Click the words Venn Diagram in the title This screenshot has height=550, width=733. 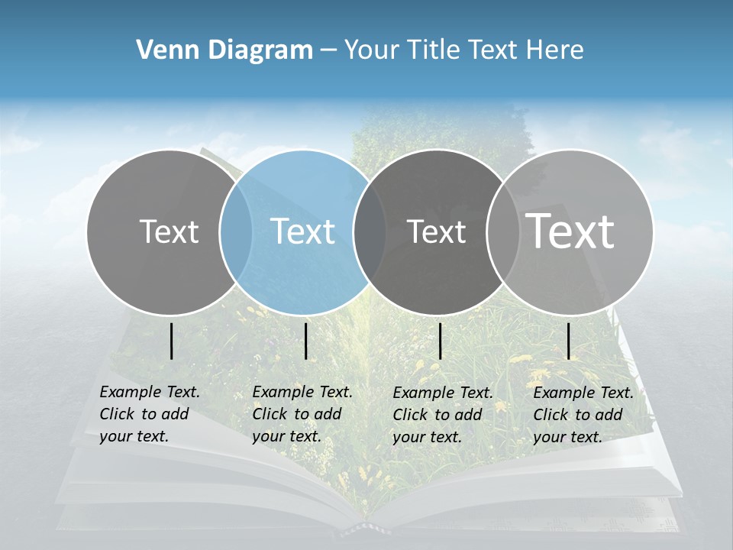click(x=224, y=50)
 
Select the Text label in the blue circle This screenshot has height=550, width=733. click(x=303, y=231)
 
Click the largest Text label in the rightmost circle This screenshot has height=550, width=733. click(x=570, y=231)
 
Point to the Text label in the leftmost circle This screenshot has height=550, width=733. click(x=169, y=231)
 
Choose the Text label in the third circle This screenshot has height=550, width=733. click(x=436, y=231)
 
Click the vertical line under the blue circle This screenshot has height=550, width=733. click(x=305, y=341)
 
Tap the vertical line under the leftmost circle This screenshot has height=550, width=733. click(x=172, y=341)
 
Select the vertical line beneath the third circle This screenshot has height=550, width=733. click(x=441, y=341)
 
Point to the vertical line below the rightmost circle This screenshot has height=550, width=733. click(x=569, y=341)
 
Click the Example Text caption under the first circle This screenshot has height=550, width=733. click(x=150, y=414)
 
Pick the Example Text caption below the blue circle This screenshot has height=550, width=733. click(x=302, y=414)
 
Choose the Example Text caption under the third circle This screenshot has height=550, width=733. click(x=443, y=415)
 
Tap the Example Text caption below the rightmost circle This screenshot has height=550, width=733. click(x=583, y=415)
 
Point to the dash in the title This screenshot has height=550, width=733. click(x=328, y=50)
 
